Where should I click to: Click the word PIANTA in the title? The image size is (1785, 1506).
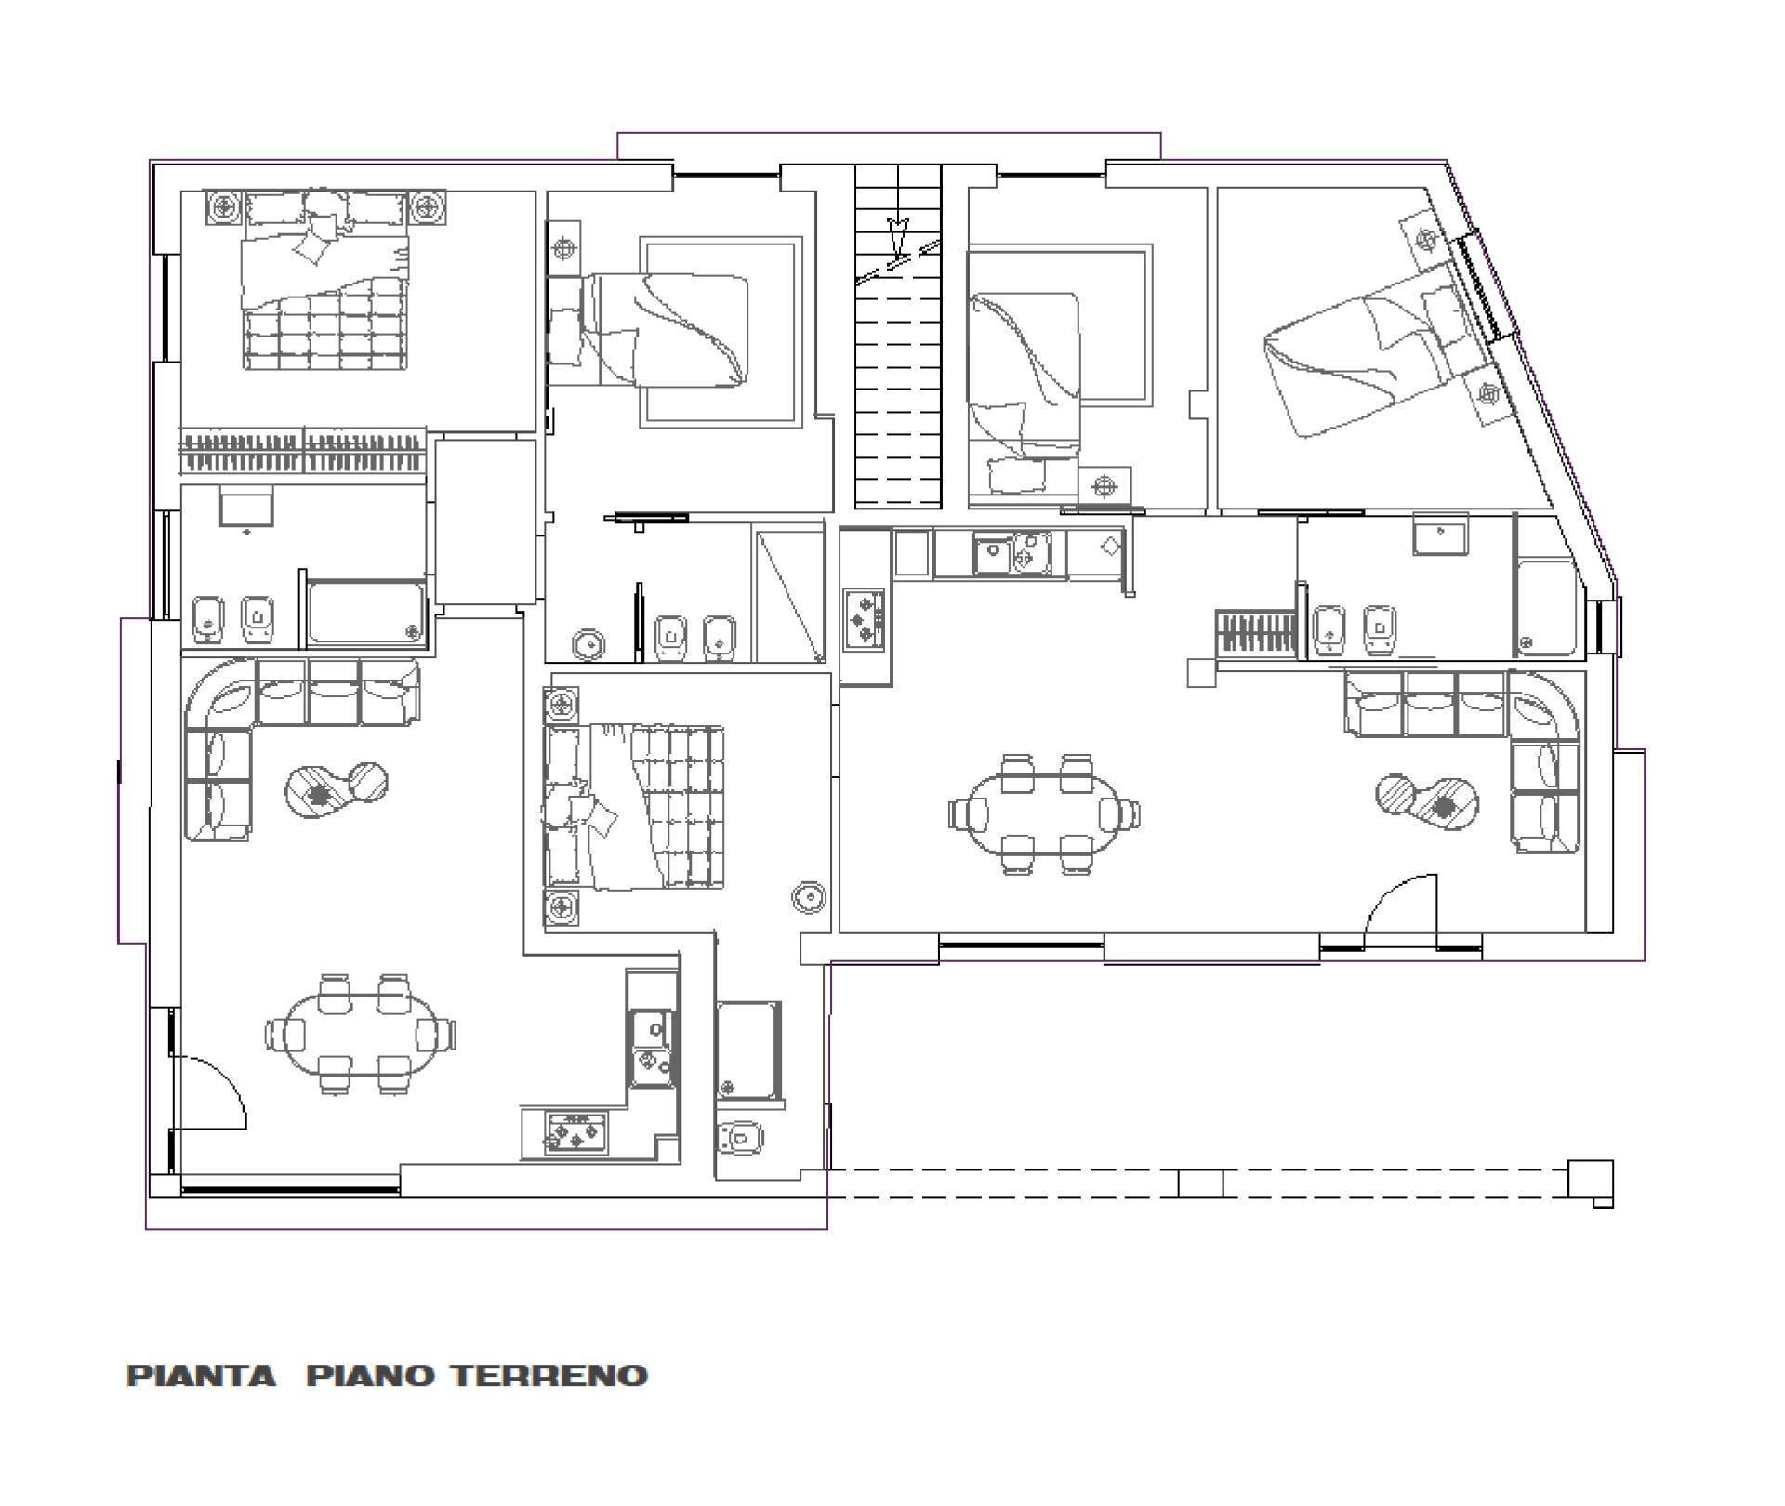202,1375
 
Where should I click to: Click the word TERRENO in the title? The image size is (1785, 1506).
550,1375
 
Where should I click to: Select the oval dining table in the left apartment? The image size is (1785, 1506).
361,1033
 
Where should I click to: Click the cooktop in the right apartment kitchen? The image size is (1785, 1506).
866,617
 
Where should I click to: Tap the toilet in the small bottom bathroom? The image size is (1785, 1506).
740,1136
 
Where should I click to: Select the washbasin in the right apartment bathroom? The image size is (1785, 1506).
1440,535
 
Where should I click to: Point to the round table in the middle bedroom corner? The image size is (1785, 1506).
809,897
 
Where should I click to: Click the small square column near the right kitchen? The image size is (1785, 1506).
1201,672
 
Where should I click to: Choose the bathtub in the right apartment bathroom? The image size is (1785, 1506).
1545,606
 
